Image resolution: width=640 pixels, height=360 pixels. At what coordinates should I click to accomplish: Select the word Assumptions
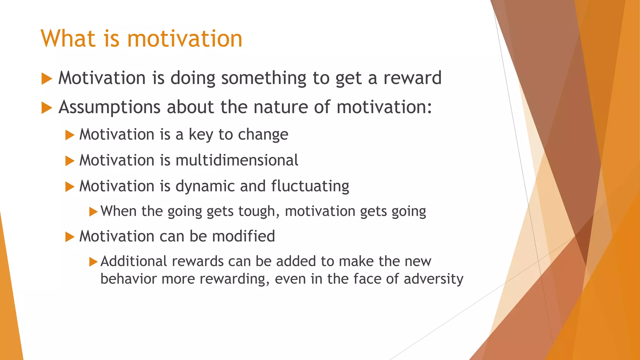pos(109,107)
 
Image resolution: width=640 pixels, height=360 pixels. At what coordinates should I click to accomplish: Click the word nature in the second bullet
pos(280,107)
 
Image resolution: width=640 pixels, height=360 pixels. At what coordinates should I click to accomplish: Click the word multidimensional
pos(237,160)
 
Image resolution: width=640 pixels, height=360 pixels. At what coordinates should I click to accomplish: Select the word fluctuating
pos(310,186)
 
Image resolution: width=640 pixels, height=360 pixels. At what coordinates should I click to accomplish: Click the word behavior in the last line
pos(128,279)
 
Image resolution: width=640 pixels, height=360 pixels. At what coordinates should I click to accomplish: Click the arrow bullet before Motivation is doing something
pos(46,79)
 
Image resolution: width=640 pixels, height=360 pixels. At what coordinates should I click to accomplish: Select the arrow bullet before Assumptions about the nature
pos(46,108)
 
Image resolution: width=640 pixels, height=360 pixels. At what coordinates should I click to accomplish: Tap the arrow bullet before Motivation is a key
pos(69,135)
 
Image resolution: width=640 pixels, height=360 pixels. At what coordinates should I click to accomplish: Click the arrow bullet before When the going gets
pos(93,212)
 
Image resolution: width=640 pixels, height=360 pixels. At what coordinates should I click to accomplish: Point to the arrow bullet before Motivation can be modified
pos(69,237)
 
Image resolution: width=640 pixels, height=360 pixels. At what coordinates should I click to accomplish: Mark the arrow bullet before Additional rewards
pos(93,262)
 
